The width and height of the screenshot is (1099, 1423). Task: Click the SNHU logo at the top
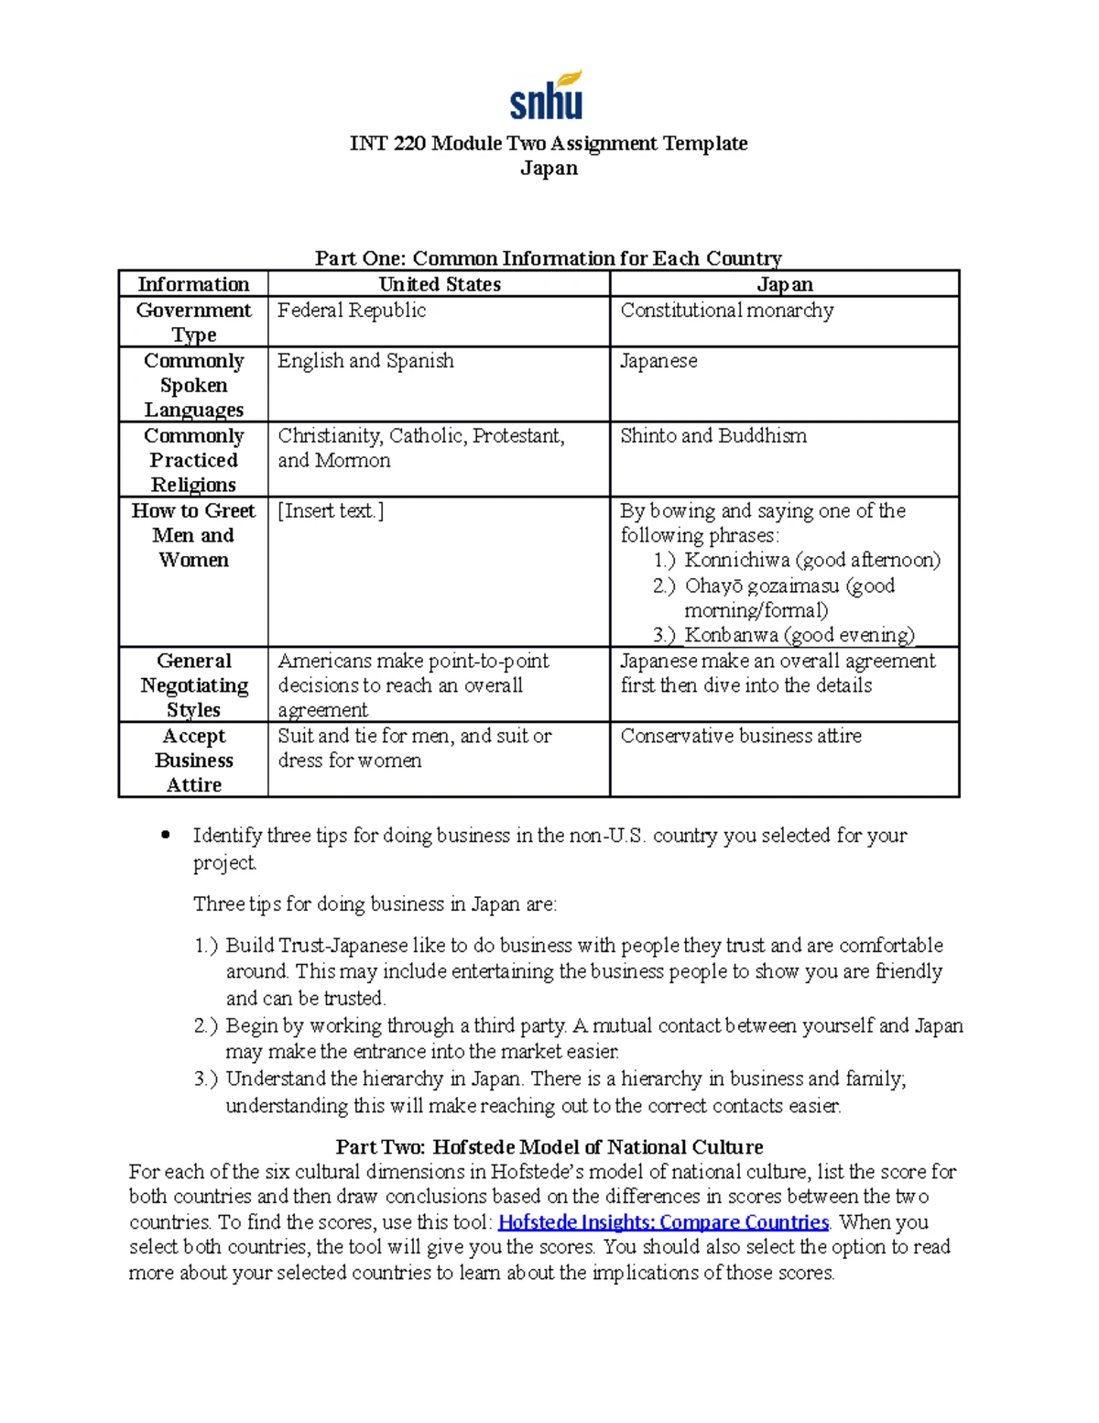pyautogui.click(x=547, y=96)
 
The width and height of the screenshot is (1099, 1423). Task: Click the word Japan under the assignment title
pyautogui.click(x=549, y=169)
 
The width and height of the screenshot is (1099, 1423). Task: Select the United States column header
pyautogui.click(x=440, y=284)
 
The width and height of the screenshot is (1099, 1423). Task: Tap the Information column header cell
pyautogui.click(x=193, y=284)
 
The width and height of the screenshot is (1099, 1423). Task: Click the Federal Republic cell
pyautogui.click(x=352, y=311)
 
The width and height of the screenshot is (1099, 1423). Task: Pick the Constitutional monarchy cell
pyautogui.click(x=726, y=311)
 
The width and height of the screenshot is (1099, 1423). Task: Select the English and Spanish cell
pyautogui.click(x=365, y=361)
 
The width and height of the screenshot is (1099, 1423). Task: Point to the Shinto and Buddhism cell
pyautogui.click(x=713, y=436)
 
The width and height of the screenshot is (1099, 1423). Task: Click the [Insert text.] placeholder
pyautogui.click(x=331, y=511)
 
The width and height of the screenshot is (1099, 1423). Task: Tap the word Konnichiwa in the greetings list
pyautogui.click(x=736, y=560)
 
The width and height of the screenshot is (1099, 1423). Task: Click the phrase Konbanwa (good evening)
pyautogui.click(x=799, y=635)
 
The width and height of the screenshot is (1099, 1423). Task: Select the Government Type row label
pyautogui.click(x=193, y=323)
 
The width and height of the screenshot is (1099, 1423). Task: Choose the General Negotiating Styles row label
pyautogui.click(x=193, y=685)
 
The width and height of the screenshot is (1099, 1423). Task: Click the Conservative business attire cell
pyautogui.click(x=740, y=736)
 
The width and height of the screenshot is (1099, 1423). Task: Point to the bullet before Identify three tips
pyautogui.click(x=166, y=835)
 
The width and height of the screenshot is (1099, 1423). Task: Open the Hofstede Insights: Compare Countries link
pyautogui.click(x=663, y=1222)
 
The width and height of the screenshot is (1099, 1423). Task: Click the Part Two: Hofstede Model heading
pyautogui.click(x=549, y=1147)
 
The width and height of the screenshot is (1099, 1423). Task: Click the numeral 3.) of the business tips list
pyautogui.click(x=206, y=1079)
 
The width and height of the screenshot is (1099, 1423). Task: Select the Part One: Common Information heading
pyautogui.click(x=548, y=258)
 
